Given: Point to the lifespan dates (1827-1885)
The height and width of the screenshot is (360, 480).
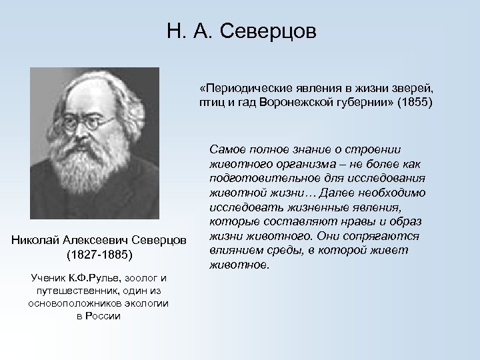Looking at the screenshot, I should click(x=100, y=255).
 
